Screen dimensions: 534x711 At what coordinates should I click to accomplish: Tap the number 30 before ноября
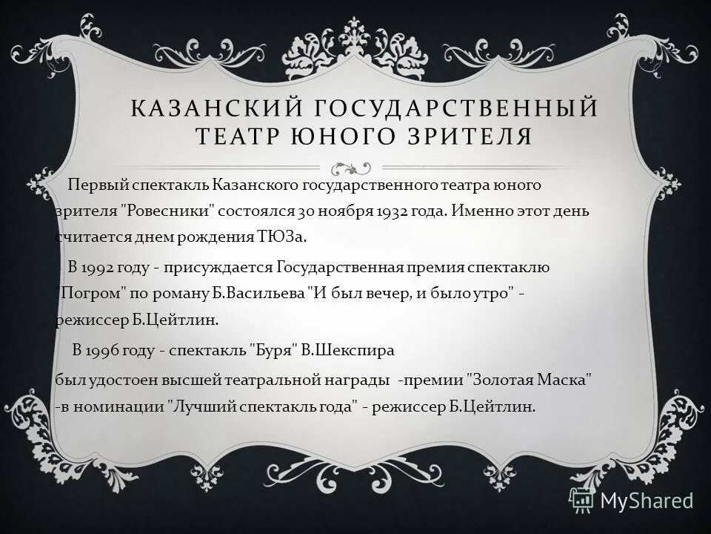[307, 210]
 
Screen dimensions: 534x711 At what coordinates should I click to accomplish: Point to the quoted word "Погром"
[87, 294]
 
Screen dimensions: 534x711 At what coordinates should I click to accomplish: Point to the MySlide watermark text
[647, 500]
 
